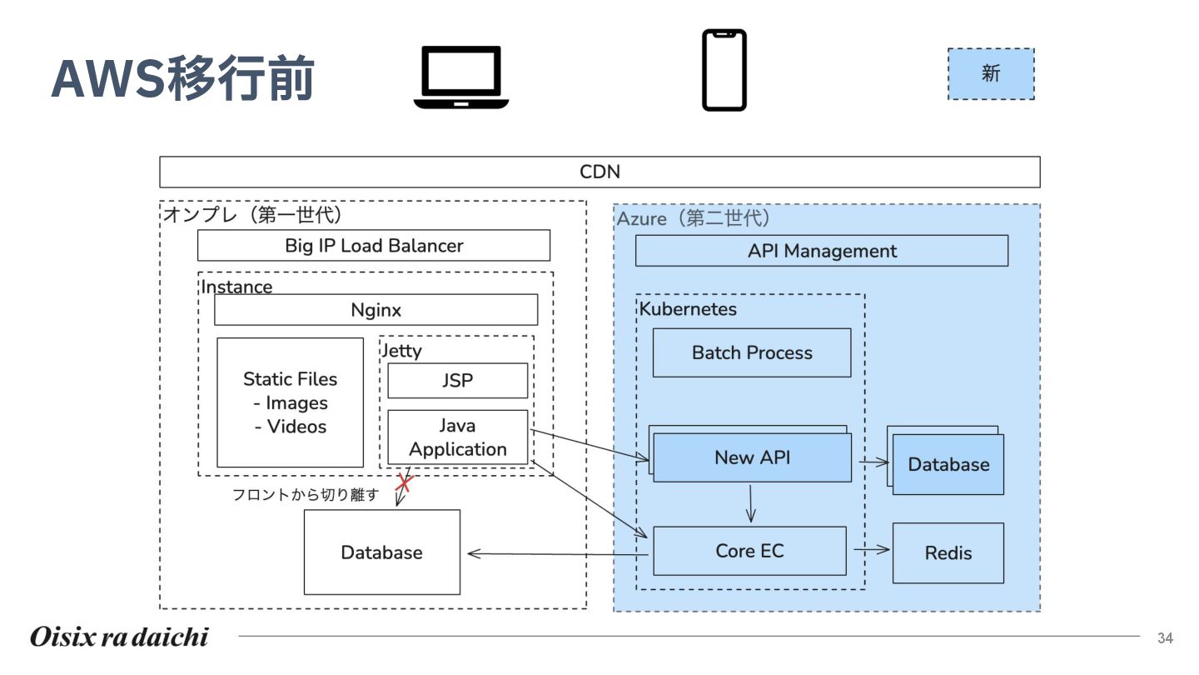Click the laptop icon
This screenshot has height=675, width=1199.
coord(461,77)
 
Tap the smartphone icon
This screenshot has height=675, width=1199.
coord(724,70)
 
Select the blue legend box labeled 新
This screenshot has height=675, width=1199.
coord(991,74)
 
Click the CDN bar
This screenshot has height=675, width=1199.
coord(599,172)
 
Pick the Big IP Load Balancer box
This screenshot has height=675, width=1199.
coord(374,246)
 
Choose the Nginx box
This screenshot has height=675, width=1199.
coord(376,310)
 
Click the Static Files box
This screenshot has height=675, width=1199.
coord(290,402)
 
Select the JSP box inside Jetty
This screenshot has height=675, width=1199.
coord(457,381)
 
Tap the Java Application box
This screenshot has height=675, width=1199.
coord(457,437)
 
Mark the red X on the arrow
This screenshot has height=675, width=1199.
coord(404,482)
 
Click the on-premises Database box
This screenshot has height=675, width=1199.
coord(381,552)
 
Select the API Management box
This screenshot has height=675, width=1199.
coord(821,251)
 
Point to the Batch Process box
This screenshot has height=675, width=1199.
coord(751,352)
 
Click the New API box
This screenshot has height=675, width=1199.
coord(752,457)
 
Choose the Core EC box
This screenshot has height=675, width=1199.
coord(749,551)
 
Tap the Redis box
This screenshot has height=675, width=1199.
coord(948,553)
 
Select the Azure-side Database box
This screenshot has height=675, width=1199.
coord(948,465)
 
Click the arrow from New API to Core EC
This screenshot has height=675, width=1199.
coord(751,503)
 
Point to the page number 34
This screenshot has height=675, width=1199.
coord(1165,638)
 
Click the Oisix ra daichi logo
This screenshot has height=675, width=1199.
coord(119,637)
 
